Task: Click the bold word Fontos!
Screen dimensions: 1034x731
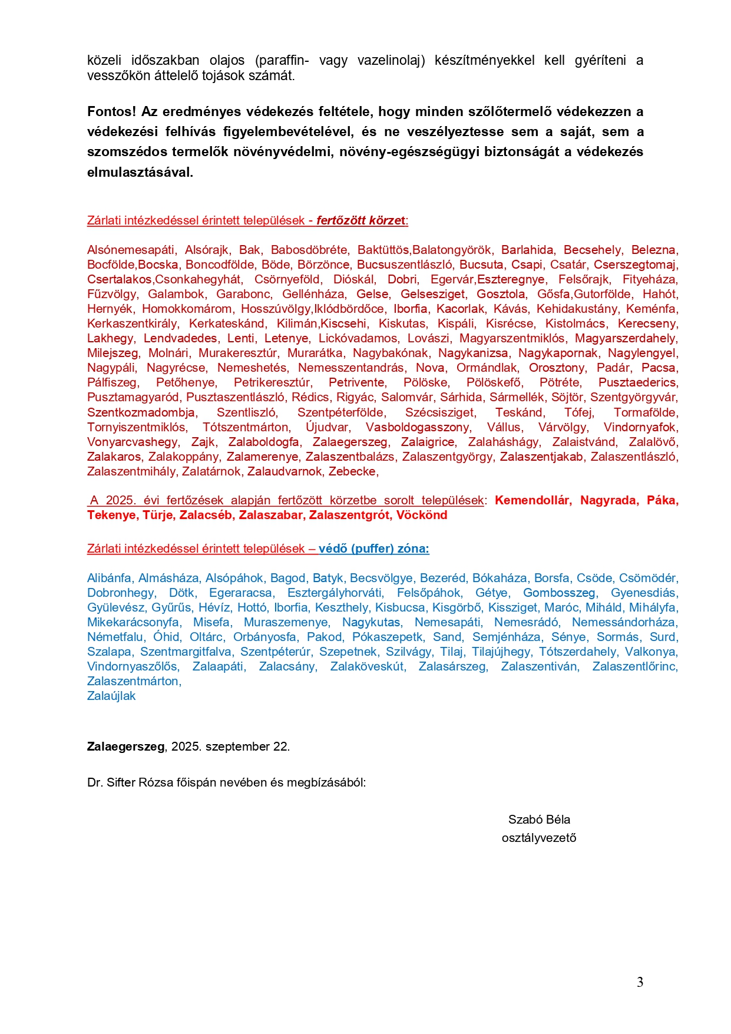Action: click(111, 112)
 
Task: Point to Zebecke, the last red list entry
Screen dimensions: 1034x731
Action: click(352, 471)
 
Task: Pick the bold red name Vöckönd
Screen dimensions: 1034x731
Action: click(422, 515)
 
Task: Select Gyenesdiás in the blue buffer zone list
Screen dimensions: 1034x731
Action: click(644, 593)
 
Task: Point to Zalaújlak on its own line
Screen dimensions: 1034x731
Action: click(111, 696)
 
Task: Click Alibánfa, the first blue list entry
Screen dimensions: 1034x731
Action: click(109, 578)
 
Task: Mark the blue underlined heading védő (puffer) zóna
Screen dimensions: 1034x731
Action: click(373, 549)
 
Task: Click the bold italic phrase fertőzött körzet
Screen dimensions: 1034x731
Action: click(361, 220)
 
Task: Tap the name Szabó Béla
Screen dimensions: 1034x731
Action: click(539, 820)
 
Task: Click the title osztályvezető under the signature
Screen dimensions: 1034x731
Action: click(539, 838)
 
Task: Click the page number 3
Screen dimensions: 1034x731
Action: click(640, 982)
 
